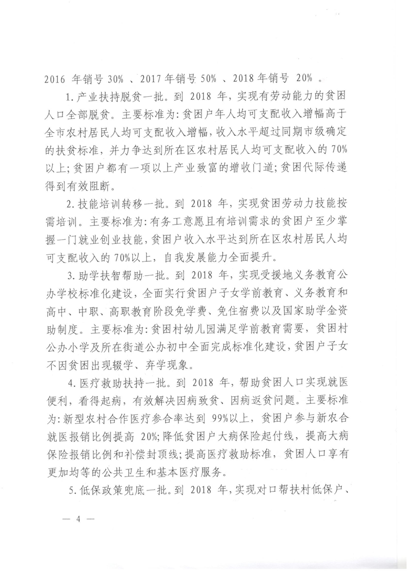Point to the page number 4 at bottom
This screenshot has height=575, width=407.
(x=79, y=518)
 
